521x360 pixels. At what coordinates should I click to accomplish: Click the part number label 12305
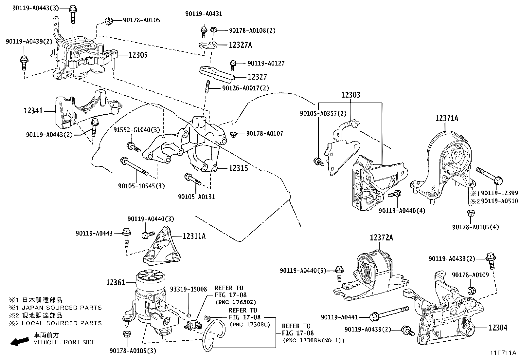tap(138, 55)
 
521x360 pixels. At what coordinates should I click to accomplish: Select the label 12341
tap(33, 111)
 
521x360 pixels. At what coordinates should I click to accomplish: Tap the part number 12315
tap(238, 168)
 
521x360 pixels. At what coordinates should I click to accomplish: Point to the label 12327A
tap(240, 45)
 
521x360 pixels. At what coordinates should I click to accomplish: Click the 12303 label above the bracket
tap(350, 95)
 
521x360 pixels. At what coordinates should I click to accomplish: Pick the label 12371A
tap(447, 118)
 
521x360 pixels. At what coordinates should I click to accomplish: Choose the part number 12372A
tap(382, 238)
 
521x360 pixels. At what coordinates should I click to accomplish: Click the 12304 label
tap(498, 328)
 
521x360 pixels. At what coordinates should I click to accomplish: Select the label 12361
tap(116, 283)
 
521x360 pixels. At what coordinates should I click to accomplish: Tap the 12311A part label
tap(194, 237)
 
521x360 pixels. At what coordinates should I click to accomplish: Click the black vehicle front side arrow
tap(20, 341)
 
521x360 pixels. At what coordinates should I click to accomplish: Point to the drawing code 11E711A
tap(503, 353)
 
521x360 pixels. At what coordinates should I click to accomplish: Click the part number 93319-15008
tap(189, 289)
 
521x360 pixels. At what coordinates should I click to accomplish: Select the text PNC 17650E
tap(236, 302)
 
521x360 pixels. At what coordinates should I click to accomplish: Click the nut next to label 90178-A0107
tap(233, 134)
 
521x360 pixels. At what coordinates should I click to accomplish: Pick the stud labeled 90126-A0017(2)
tap(207, 87)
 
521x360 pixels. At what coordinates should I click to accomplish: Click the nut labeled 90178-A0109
tap(472, 291)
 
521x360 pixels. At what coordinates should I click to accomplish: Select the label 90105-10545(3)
tap(141, 186)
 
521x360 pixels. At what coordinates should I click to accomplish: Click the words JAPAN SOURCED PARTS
tap(62, 308)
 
